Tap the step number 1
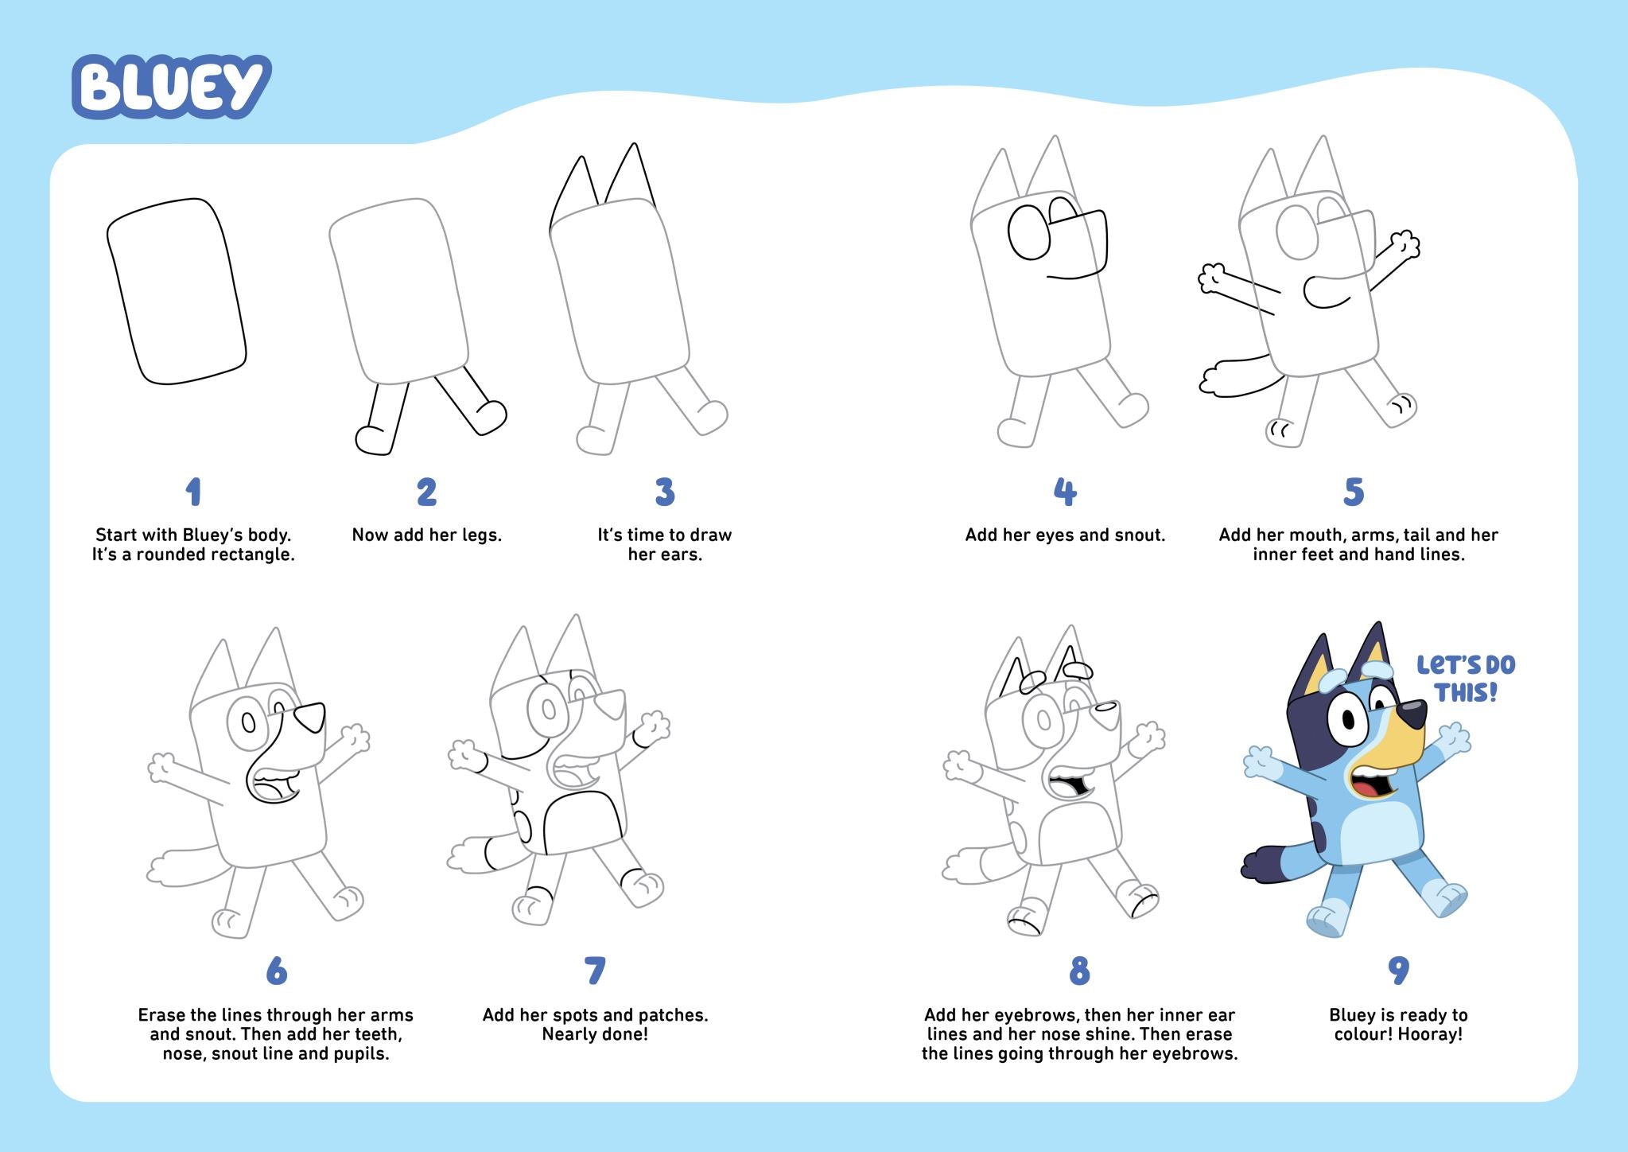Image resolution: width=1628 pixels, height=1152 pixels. (193, 492)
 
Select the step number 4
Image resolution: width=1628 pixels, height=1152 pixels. (1065, 492)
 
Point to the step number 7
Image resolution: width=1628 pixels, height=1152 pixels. (595, 971)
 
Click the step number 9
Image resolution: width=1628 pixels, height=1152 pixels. (1398, 971)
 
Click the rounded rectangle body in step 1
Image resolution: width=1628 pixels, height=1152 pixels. (177, 292)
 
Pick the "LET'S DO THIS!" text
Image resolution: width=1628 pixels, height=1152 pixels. (1466, 678)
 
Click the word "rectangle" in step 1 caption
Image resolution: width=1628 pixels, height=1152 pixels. (254, 555)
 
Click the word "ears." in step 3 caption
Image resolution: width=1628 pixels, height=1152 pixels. (683, 555)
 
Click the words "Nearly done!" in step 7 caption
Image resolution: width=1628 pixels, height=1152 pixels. (595, 1034)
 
